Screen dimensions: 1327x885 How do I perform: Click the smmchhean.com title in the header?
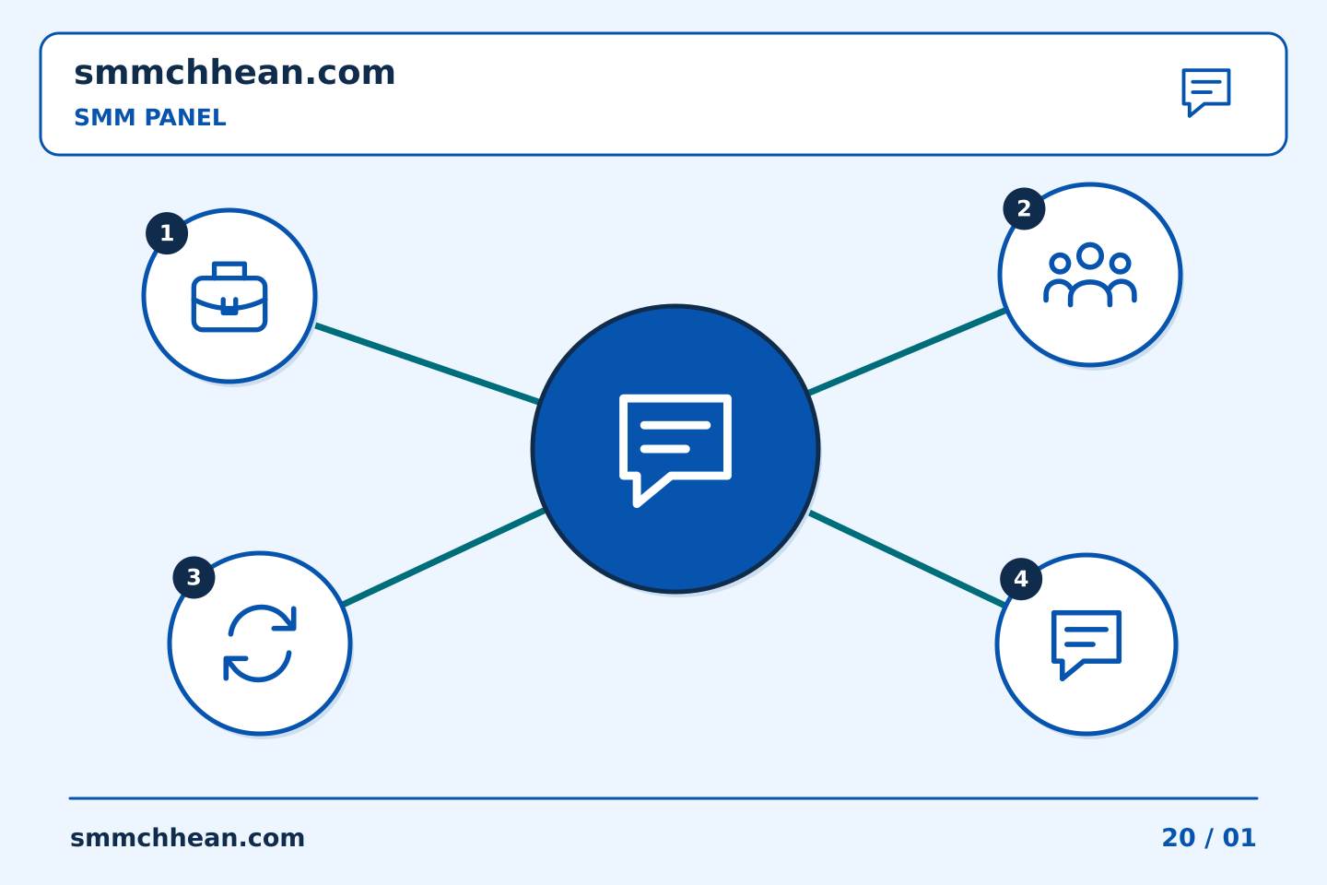tap(235, 73)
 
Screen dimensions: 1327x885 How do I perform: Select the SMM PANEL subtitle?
tap(150, 117)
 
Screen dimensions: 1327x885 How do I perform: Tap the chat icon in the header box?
tap(1206, 92)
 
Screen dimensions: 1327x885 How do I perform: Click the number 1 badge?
tap(167, 233)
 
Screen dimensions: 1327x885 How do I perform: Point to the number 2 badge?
tap(1024, 208)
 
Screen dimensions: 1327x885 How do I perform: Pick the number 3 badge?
tap(194, 577)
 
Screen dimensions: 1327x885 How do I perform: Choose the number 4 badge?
tap(1021, 579)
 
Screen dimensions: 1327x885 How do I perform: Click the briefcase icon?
tap(229, 297)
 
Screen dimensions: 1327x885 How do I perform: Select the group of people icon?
tap(1090, 275)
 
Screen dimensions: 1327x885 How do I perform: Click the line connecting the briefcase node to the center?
tap(428, 364)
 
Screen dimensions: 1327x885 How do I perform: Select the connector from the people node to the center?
tap(907, 351)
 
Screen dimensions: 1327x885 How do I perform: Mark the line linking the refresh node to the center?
tap(444, 557)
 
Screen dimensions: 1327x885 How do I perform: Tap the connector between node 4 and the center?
tap(908, 559)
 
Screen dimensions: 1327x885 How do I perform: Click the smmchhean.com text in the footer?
tap(187, 838)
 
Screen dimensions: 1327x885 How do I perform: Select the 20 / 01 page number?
tap(1208, 838)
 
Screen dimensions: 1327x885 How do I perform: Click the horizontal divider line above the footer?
tap(663, 798)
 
